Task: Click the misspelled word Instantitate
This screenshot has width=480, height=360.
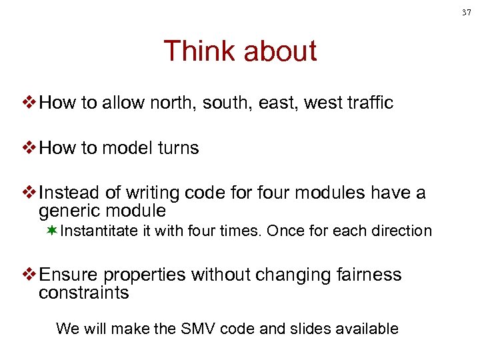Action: pos(99,231)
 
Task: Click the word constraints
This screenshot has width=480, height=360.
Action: pos(83,293)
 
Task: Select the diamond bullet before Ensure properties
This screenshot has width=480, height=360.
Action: pos(30,275)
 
